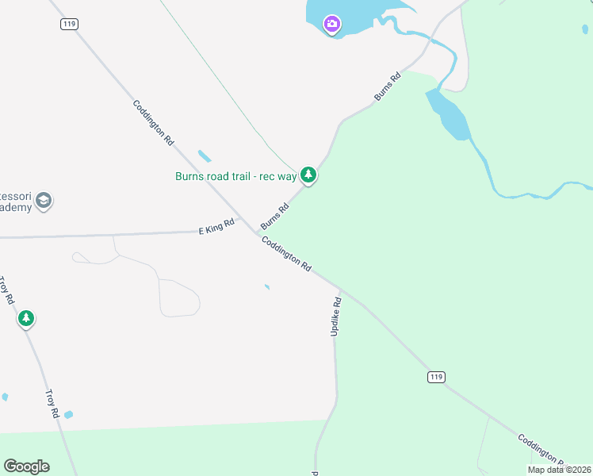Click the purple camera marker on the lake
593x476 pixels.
coord(332,24)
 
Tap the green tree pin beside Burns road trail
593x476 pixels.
coord(308,175)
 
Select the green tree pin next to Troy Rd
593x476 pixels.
coord(26,319)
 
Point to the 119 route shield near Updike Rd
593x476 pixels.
coord(435,375)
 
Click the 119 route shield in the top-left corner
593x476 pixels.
coord(68,25)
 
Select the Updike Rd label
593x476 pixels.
coord(336,317)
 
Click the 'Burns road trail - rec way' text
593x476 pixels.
coord(235,176)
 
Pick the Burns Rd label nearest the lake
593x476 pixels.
coord(388,87)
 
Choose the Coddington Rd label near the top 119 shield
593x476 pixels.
coord(153,122)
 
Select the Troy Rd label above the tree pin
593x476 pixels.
coord(7,291)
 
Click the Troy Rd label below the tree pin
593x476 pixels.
coord(52,404)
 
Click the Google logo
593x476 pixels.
coord(26,466)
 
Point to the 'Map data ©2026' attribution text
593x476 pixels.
coord(559,470)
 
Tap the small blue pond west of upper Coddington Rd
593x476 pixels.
coord(205,155)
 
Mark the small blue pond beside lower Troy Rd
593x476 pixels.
coord(68,414)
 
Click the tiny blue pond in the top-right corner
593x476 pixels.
coord(585,29)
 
